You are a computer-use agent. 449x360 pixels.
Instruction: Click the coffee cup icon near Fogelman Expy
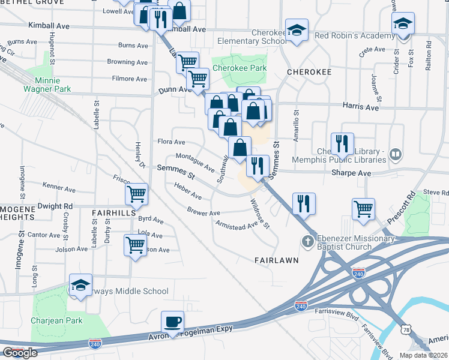coord(173,322)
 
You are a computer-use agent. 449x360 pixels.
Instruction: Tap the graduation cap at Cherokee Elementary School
coord(297,30)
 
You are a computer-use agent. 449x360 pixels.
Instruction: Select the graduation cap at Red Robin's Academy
coord(403,24)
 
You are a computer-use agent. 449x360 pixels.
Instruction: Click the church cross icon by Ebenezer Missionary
coord(307,242)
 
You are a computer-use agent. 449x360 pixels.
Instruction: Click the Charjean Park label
coord(58,320)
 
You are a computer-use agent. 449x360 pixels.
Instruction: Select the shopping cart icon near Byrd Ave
coord(136,194)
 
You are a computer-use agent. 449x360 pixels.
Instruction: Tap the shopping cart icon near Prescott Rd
coord(363,209)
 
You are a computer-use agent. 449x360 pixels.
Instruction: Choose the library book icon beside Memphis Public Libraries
coord(395,154)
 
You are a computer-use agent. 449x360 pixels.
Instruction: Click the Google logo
coord(20,353)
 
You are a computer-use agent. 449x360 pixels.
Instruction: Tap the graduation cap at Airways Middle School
coord(80,286)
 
